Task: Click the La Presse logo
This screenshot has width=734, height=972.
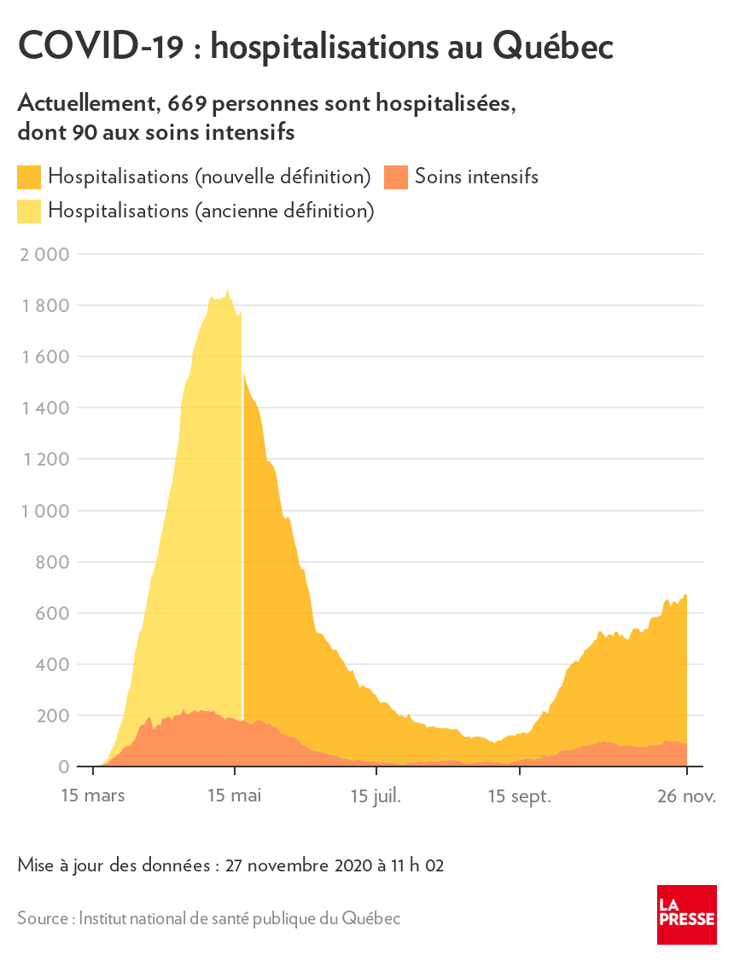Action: [686, 914]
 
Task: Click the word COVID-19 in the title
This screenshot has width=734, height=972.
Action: [100, 47]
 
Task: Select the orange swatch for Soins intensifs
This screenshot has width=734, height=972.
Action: [396, 177]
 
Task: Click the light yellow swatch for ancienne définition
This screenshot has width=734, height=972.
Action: [29, 211]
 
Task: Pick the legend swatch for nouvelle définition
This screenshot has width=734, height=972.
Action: [29, 177]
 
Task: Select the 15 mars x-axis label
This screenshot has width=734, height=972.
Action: [93, 796]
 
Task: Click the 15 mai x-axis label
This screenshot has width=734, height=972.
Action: [235, 796]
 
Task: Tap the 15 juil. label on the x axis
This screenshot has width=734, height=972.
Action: [376, 796]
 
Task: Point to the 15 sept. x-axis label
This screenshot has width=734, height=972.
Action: [519, 796]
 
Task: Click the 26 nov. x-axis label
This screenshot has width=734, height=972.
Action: [687, 796]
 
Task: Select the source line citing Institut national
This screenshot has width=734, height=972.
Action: [209, 918]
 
